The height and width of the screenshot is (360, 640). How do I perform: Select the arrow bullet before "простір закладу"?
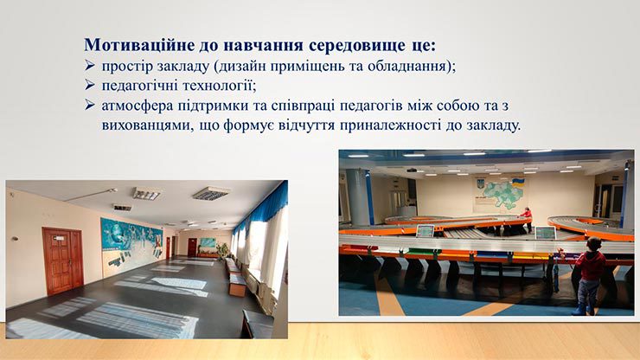coord(90,65)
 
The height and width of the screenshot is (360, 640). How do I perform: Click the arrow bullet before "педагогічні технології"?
coord(90,85)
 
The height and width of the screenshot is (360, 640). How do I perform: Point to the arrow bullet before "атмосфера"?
coord(90,105)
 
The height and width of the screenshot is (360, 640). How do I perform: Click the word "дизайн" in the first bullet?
coord(240,66)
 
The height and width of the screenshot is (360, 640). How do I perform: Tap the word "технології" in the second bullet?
coord(220,86)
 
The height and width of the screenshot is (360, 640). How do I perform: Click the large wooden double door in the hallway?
coord(63,260)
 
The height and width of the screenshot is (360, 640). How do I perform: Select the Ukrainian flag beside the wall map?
coord(518,183)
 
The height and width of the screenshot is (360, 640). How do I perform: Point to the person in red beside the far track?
coord(527,218)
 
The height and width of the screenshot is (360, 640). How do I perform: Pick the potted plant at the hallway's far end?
coord(223,249)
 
